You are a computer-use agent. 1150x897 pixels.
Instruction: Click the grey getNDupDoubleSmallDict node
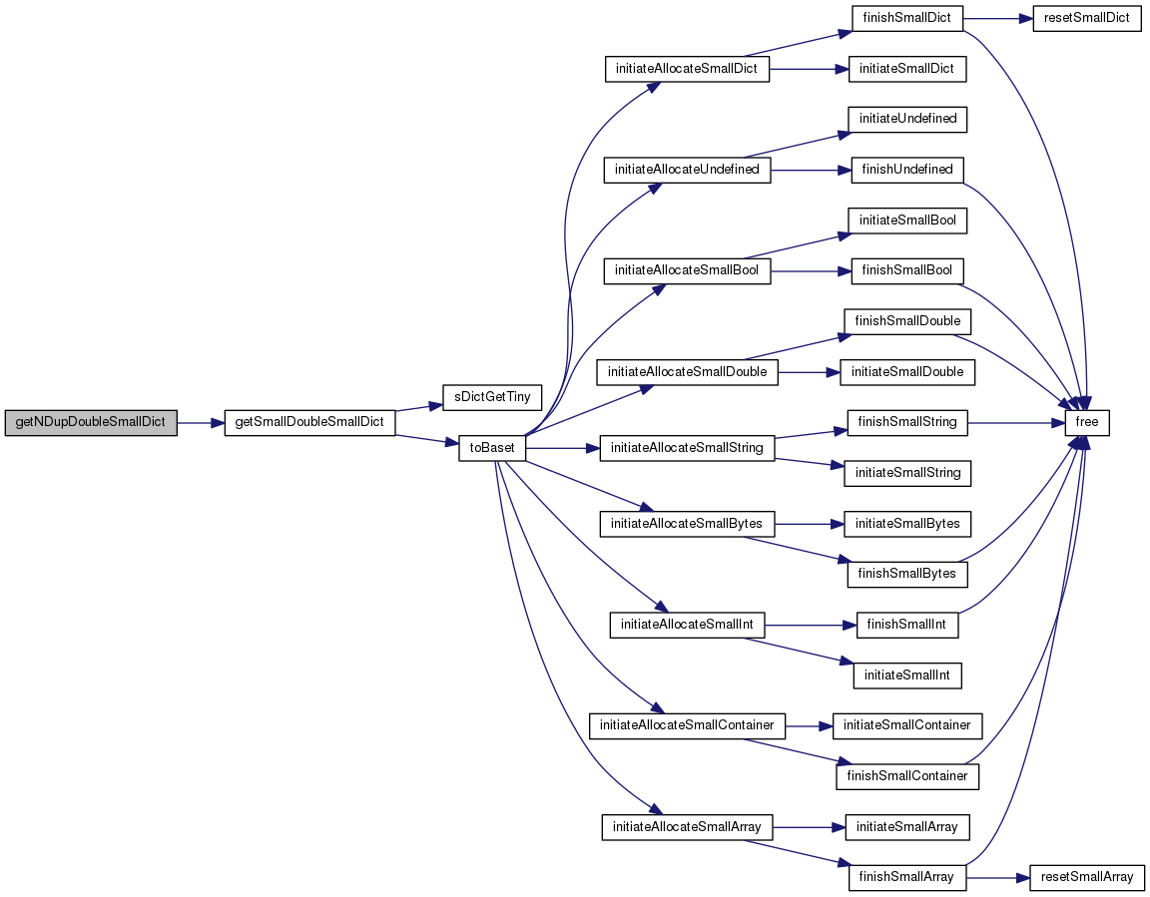pyautogui.click(x=91, y=423)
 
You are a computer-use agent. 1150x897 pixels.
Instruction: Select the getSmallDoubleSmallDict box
pyautogui.click(x=309, y=423)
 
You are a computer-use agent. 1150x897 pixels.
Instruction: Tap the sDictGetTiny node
pyautogui.click(x=492, y=397)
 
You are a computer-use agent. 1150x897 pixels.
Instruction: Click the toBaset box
pyautogui.click(x=492, y=448)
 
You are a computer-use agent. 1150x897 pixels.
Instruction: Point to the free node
pyautogui.click(x=1087, y=423)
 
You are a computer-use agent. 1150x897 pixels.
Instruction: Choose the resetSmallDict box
pyautogui.click(x=1087, y=18)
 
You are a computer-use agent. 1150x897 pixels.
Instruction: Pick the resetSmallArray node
pyautogui.click(x=1087, y=877)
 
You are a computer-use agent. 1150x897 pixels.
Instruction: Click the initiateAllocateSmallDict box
pyautogui.click(x=687, y=69)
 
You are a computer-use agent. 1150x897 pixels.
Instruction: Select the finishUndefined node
pyautogui.click(x=907, y=170)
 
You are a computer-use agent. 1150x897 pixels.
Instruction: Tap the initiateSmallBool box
pyautogui.click(x=907, y=221)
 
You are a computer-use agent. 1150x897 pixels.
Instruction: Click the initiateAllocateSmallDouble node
pyautogui.click(x=687, y=372)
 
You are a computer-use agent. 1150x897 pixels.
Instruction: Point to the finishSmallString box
pyautogui.click(x=907, y=423)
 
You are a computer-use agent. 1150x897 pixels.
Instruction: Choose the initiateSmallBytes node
pyautogui.click(x=907, y=524)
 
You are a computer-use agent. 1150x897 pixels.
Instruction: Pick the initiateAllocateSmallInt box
pyautogui.click(x=687, y=626)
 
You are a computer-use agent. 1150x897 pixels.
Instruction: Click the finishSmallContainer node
pyautogui.click(x=907, y=777)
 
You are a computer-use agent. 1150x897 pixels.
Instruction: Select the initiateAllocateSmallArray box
pyautogui.click(x=687, y=827)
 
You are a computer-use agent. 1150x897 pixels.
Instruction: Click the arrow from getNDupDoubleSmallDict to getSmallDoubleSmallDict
pyautogui.click(x=201, y=423)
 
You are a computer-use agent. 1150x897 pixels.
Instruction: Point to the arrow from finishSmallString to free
pyautogui.click(x=1016, y=423)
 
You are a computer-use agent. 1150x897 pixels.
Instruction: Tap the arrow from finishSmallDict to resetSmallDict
pyautogui.click(x=998, y=18)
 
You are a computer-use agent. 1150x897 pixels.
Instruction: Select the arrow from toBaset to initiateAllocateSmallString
pyautogui.click(x=563, y=448)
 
